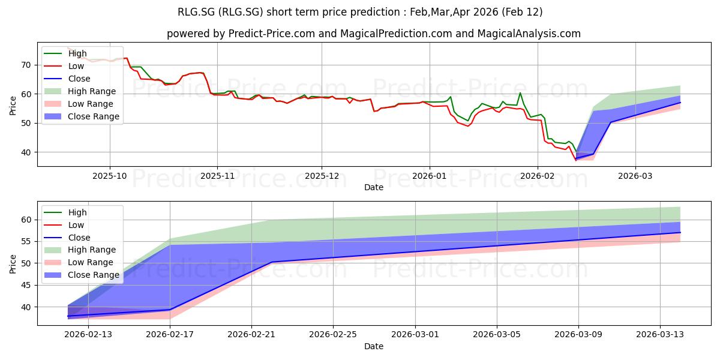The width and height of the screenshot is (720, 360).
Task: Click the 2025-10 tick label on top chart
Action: [x=110, y=176]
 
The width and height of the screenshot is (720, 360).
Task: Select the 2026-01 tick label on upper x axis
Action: [x=429, y=176]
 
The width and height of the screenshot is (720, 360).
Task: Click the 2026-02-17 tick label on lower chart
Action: [x=170, y=335]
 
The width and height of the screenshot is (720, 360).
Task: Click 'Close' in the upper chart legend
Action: [x=79, y=79]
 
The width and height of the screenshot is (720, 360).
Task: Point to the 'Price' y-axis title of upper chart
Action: [x=13, y=105]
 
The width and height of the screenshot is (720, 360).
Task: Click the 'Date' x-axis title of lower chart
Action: [x=374, y=346]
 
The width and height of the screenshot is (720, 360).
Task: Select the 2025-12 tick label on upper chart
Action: [x=322, y=176]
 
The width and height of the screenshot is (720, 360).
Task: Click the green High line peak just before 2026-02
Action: [x=520, y=92]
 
